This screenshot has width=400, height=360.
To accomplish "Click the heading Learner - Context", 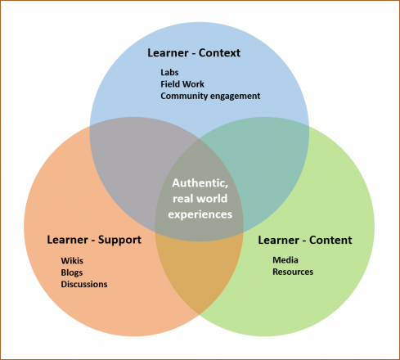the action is [194, 53].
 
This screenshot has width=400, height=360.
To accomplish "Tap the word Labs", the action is [169, 72].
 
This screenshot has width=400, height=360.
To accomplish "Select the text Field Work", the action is [182, 84].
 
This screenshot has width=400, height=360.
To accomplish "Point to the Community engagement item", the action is [210, 96].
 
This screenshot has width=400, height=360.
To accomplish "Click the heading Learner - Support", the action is [94, 240].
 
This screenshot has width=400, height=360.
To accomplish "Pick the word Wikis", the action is [72, 261].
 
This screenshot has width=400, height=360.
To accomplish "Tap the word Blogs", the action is [72, 272].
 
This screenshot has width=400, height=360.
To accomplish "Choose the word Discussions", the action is [84, 284].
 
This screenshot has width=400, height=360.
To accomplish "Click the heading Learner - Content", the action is [305, 240].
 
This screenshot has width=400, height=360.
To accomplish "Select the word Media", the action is [285, 260].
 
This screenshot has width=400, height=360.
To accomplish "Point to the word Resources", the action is [293, 272].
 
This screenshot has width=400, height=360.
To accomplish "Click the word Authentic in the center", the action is [200, 183].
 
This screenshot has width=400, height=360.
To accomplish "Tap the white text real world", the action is [200, 199].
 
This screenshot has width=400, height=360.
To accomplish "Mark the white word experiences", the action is [200, 214].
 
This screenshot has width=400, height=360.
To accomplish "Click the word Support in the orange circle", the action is [119, 241].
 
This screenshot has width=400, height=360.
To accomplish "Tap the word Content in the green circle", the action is [330, 240].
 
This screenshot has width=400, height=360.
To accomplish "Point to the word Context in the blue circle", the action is [219, 53].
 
